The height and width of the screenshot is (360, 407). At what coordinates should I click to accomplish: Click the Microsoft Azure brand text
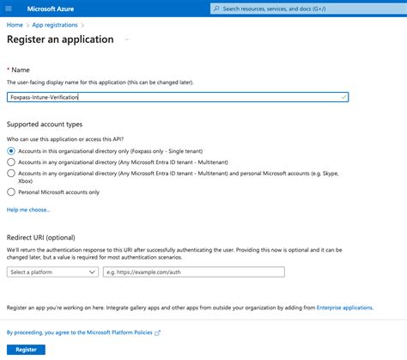coord(58,9)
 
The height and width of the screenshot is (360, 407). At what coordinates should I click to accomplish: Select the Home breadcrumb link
coord(15,25)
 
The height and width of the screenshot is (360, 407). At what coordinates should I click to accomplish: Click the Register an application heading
coord(60,40)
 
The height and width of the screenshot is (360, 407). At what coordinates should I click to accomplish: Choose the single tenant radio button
coord(11,150)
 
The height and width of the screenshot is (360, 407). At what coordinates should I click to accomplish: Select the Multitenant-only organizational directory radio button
coord(11,162)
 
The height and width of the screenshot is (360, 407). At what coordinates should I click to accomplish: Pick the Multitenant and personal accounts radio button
coord(11,173)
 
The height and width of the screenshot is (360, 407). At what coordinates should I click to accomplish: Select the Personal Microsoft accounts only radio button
coord(11,192)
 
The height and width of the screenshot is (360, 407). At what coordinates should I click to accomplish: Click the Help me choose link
coord(28,210)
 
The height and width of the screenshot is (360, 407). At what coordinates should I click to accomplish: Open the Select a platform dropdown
coord(52,272)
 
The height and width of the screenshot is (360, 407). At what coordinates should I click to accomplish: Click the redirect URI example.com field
coord(193,272)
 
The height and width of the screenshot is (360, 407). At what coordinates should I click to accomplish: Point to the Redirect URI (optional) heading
coord(41,236)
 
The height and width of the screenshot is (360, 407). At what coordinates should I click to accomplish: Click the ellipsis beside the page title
coord(126,40)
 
